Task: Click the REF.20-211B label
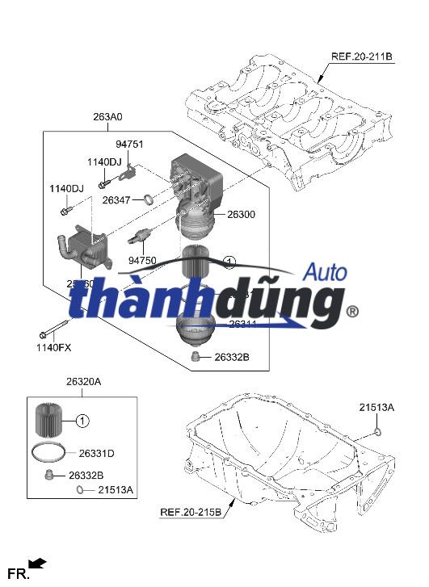pyautogui.click(x=361, y=57)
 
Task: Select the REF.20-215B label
pyautogui.click(x=190, y=512)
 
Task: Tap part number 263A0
pyautogui.click(x=107, y=117)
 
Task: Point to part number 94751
pyautogui.click(x=129, y=144)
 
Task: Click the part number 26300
pyautogui.click(x=241, y=215)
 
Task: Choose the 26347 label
pyautogui.click(x=116, y=199)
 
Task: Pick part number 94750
pyautogui.click(x=143, y=260)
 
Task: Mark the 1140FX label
pyautogui.click(x=53, y=347)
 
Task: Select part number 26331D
pyautogui.click(x=97, y=453)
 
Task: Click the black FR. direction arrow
pyautogui.click(x=36, y=564)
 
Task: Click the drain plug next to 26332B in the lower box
pyautogui.click(x=50, y=474)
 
